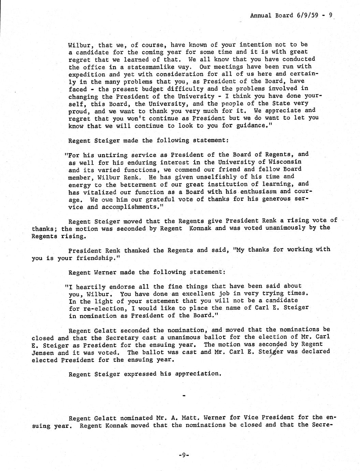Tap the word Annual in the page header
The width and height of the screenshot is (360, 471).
coord(261,15)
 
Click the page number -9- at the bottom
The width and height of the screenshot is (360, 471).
coord(184,455)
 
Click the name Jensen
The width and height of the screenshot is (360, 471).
coord(43,353)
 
